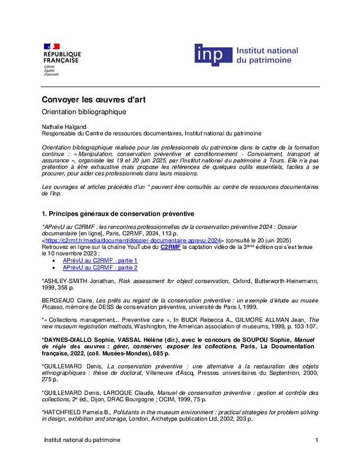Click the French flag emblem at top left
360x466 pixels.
click(x=52, y=47)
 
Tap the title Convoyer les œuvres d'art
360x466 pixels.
click(x=94, y=100)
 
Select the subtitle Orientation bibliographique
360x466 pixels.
click(x=84, y=111)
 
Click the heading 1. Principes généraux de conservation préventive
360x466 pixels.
click(x=118, y=214)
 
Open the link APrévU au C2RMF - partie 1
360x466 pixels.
click(x=100, y=261)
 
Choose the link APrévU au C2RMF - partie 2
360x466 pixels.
click(x=100, y=268)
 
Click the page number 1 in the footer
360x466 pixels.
click(x=317, y=440)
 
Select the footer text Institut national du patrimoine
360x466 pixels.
click(x=82, y=440)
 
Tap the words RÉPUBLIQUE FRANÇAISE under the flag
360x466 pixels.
click(x=62, y=57)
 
